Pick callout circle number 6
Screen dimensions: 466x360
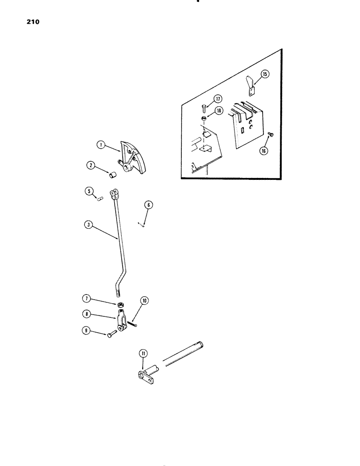[x=148, y=205]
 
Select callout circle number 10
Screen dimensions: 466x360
[x=145, y=301]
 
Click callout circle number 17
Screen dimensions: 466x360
[x=217, y=99]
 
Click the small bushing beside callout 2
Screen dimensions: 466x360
[x=112, y=175]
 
